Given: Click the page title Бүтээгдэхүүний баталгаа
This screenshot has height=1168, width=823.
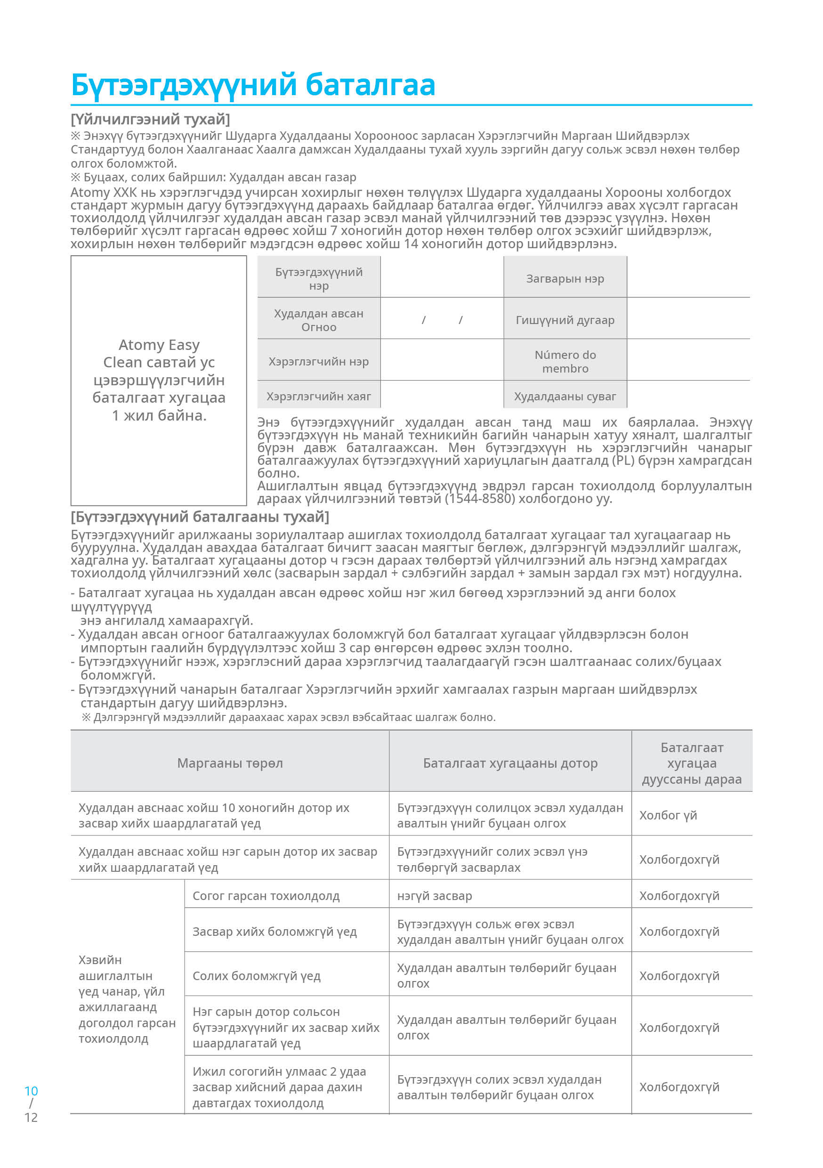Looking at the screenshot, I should (x=253, y=84).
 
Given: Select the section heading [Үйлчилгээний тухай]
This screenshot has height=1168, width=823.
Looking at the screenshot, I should (x=150, y=119).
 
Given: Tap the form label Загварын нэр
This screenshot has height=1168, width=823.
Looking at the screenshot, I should (x=565, y=278).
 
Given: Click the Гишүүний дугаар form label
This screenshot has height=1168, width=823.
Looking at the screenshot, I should (x=565, y=319).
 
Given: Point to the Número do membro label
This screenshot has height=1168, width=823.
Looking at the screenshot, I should (x=565, y=361).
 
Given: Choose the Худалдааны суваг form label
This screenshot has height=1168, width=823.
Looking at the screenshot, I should (x=565, y=396).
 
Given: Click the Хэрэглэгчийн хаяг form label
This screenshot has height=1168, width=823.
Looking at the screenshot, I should (x=318, y=396).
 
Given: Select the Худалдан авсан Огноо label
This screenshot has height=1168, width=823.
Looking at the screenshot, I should (x=318, y=320).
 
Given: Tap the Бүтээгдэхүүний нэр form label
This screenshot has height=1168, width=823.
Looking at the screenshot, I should (x=318, y=278).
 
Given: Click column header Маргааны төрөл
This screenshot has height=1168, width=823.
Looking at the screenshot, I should (x=230, y=763).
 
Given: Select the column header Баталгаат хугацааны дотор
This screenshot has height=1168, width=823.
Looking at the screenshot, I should (x=510, y=763).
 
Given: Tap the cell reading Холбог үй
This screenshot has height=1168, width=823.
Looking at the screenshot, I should (x=668, y=815).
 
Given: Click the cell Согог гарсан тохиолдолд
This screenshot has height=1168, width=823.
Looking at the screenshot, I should (x=266, y=896).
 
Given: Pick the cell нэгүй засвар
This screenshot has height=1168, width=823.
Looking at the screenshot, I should (x=435, y=896).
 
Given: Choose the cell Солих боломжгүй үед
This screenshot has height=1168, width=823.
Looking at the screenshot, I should (x=256, y=976).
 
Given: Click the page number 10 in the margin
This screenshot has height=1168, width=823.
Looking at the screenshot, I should (x=31, y=1091).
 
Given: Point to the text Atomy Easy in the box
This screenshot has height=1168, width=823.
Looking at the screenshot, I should (x=159, y=345).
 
